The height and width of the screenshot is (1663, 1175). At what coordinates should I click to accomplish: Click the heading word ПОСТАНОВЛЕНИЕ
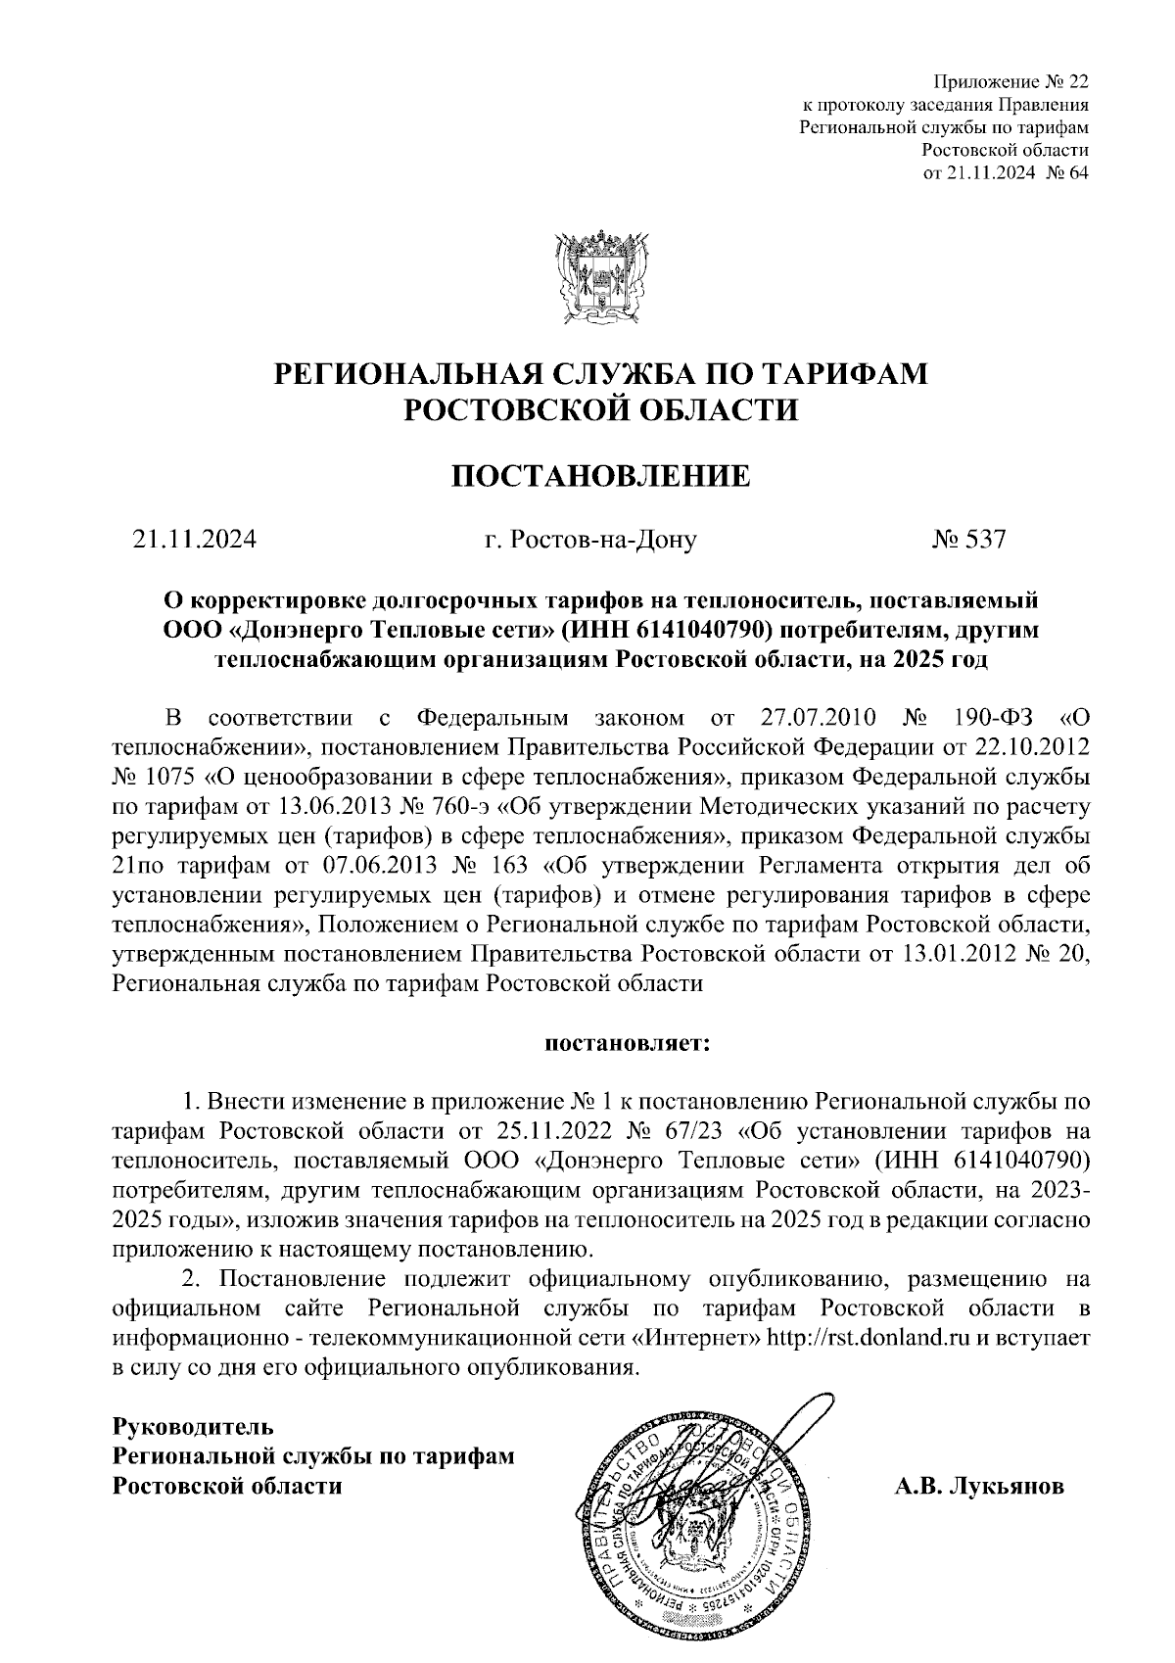click(x=599, y=477)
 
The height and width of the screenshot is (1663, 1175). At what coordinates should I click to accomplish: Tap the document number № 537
click(x=969, y=539)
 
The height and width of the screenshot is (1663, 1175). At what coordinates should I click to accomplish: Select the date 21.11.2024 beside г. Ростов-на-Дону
click(x=195, y=539)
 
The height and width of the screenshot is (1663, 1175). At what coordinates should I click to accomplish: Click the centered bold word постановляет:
click(x=628, y=1043)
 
